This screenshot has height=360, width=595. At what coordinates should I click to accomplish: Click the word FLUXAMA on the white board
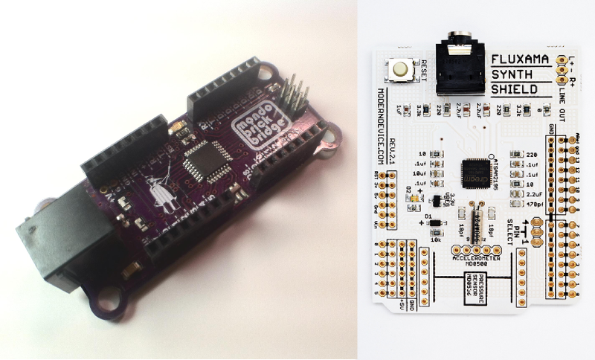click(520, 60)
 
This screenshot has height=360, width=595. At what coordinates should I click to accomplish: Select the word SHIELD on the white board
click(514, 90)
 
